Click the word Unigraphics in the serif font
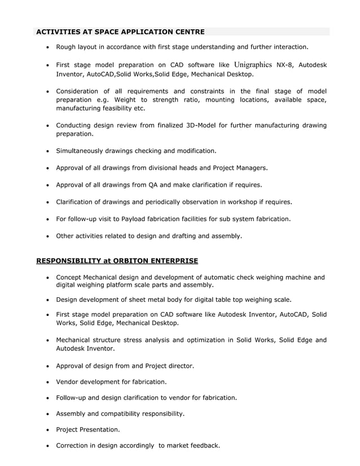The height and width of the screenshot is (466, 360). pos(253,65)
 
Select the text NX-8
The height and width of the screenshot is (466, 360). pos(286,65)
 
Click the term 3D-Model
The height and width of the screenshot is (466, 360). pos(201,125)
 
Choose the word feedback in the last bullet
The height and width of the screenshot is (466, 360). pos(202,446)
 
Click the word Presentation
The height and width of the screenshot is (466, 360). pos(101,429)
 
